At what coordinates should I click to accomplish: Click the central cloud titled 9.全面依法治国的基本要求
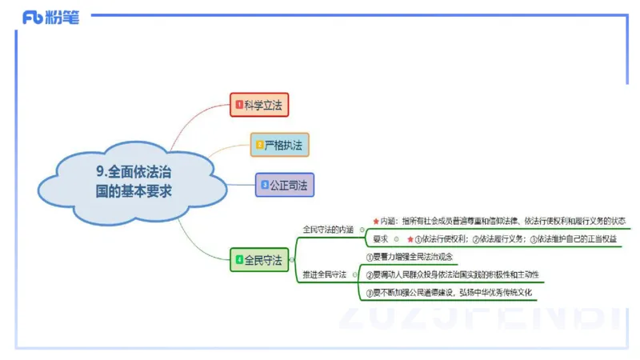point(133,181)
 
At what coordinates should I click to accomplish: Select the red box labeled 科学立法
point(259,105)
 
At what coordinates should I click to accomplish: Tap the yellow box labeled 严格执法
point(278,145)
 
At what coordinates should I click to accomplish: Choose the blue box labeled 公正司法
point(284,185)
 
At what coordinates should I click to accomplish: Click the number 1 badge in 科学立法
point(238,105)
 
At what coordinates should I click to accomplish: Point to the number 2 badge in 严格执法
point(259,145)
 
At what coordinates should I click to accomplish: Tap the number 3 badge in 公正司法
point(264,185)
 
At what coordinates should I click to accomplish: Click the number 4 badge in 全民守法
point(238,260)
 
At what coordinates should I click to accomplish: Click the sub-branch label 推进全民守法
point(325,274)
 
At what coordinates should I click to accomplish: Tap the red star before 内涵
point(375,221)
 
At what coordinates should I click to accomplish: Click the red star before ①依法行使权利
point(410,239)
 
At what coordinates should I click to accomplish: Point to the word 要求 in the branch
point(380,239)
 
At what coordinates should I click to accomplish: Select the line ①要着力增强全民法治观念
point(410,257)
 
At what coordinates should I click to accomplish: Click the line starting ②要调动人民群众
point(452,274)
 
